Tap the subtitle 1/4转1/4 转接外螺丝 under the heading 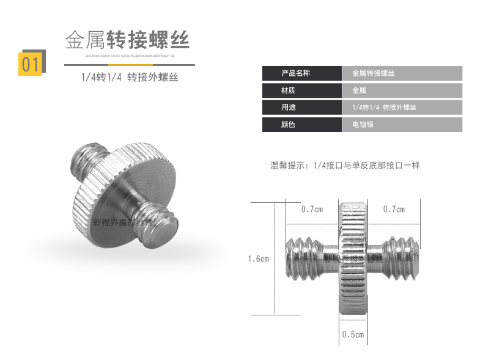tap(130, 78)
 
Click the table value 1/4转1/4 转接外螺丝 tap(384, 108)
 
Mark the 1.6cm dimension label tap(258, 259)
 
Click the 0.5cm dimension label tap(353, 334)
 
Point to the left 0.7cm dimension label tap(312, 209)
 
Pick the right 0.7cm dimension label tap(394, 209)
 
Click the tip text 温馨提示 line tap(345, 165)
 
